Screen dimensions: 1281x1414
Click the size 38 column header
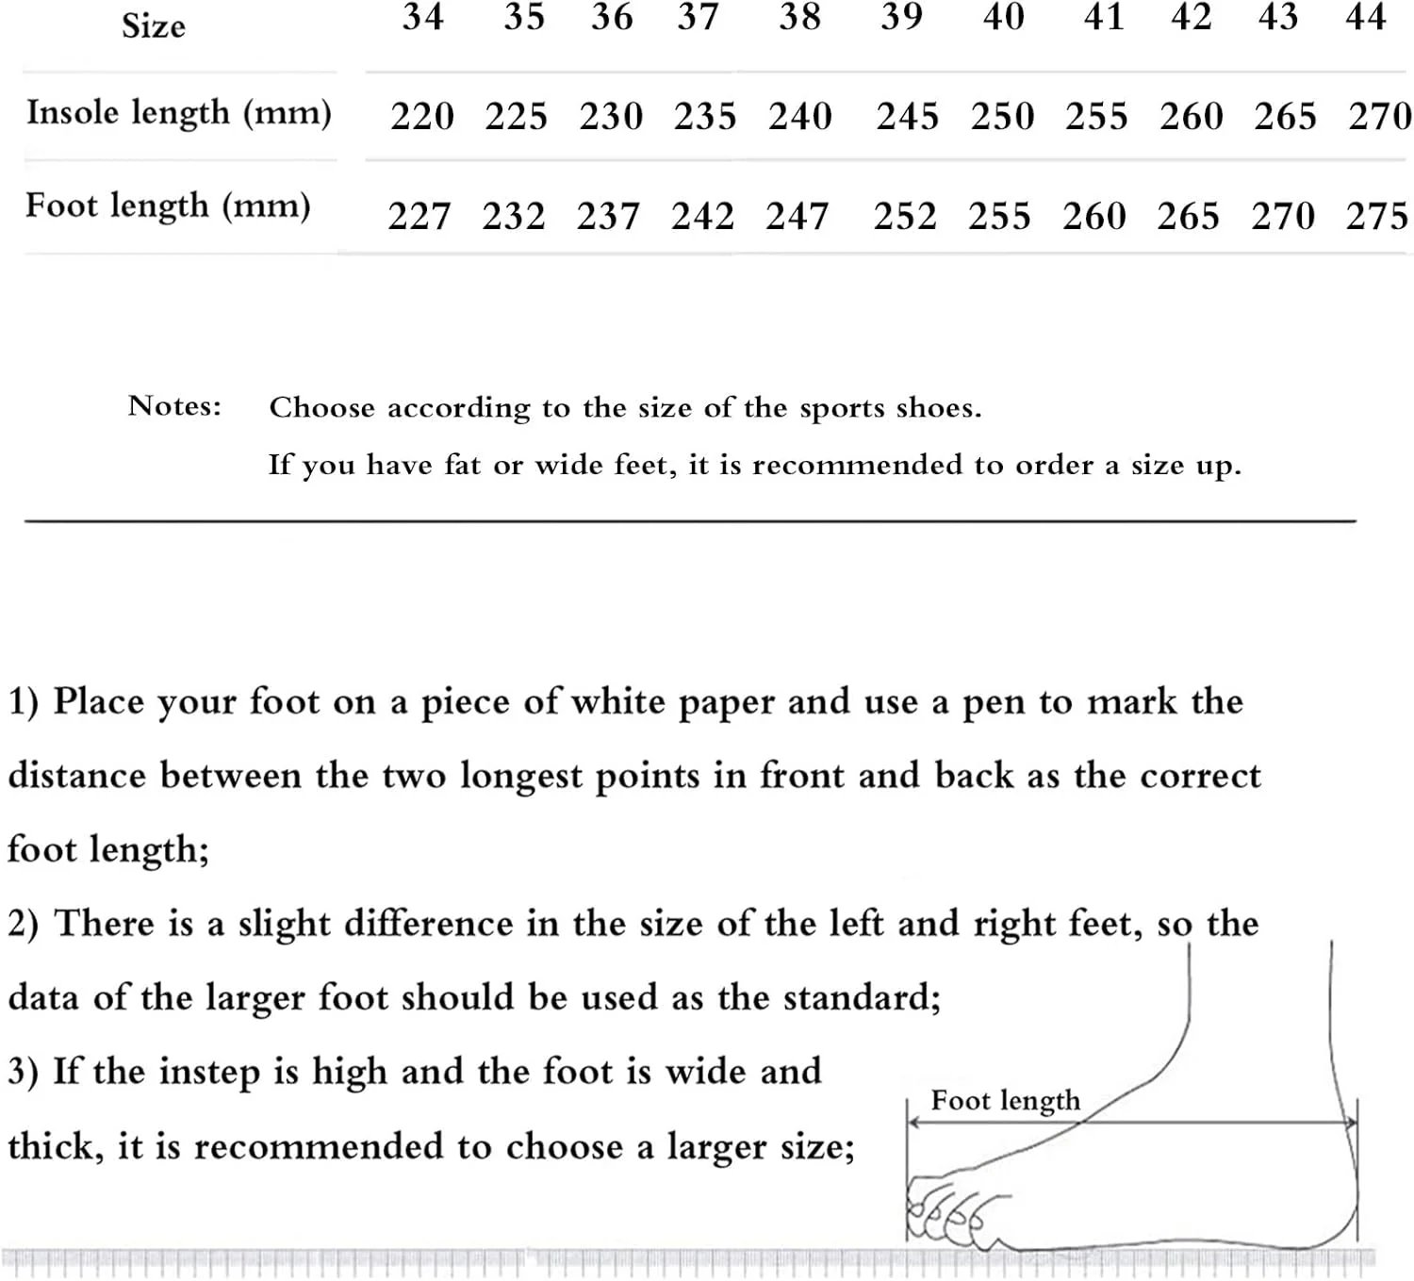pyautogui.click(x=799, y=17)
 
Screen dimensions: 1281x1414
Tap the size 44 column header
pyautogui.click(x=1366, y=17)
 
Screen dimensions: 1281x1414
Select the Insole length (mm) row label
pyautogui.click(x=179, y=113)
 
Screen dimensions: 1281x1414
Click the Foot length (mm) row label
pyautogui.click(x=168, y=206)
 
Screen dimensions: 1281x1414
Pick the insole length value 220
pyautogui.click(x=422, y=117)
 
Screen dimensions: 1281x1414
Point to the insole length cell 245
pyautogui.click(x=907, y=117)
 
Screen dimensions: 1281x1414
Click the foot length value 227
pyautogui.click(x=419, y=217)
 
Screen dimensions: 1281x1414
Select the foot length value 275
pyautogui.click(x=1377, y=217)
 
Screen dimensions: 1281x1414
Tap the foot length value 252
pyautogui.click(x=905, y=217)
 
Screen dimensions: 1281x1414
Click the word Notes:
pyautogui.click(x=174, y=406)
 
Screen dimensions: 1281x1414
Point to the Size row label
pyautogui.click(x=154, y=25)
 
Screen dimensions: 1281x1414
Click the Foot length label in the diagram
pyautogui.click(x=1005, y=1101)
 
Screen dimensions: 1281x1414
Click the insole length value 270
pyautogui.click(x=1380, y=117)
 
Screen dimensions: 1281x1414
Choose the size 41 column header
pyautogui.click(x=1104, y=17)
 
